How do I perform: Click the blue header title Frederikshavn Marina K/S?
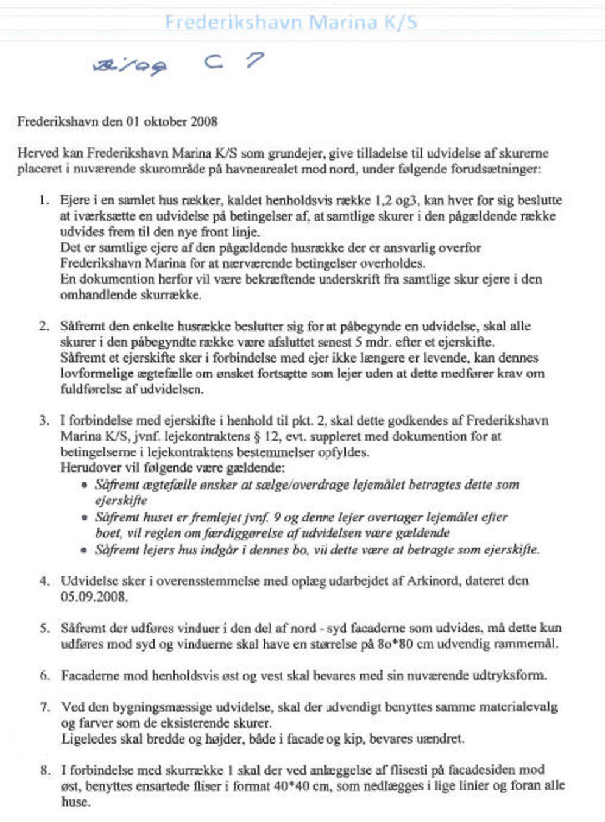pyautogui.click(x=291, y=23)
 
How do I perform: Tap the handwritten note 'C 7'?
pyautogui.click(x=234, y=61)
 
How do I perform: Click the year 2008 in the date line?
pyautogui.click(x=204, y=121)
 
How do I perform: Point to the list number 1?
pyautogui.click(x=43, y=200)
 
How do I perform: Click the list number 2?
pyautogui.click(x=43, y=326)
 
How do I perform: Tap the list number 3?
pyautogui.click(x=43, y=420)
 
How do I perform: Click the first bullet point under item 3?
pyautogui.click(x=85, y=486)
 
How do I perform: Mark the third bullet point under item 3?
pyautogui.click(x=85, y=550)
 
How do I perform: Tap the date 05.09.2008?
pyautogui.click(x=94, y=596)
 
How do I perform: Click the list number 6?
pyautogui.click(x=44, y=675)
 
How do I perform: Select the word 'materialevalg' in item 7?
pyautogui.click(x=518, y=707)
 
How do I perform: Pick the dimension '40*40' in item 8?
pyautogui.click(x=290, y=785)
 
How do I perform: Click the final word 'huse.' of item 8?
pyautogui.click(x=75, y=801)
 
